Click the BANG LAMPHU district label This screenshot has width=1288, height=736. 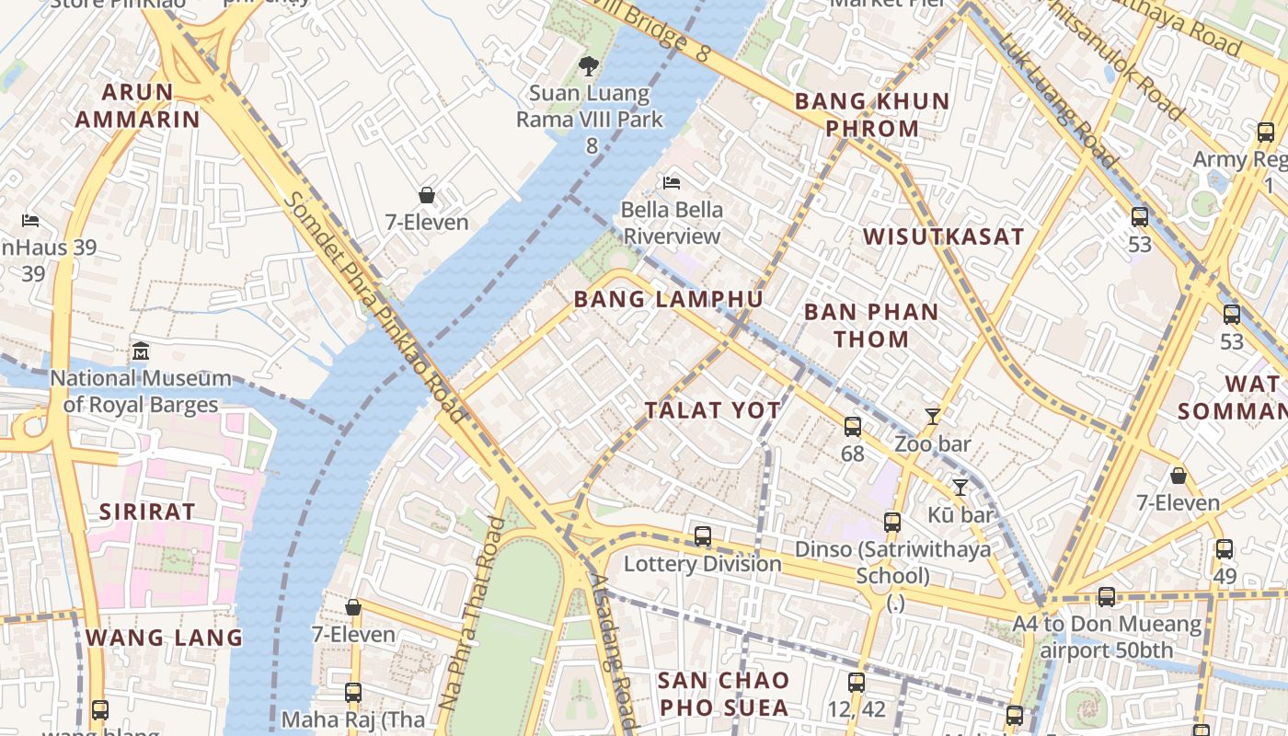(668, 299)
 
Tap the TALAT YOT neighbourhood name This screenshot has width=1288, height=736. (712, 410)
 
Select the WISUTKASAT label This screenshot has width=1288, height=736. (943, 236)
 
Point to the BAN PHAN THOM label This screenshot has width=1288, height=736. (871, 325)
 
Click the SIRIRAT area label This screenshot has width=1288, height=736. (147, 512)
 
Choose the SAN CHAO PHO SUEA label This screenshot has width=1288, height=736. (723, 694)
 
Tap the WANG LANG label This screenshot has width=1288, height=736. (164, 638)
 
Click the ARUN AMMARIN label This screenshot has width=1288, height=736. (137, 106)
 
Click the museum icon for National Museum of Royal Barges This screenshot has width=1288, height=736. (141, 351)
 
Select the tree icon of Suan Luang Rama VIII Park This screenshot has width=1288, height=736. (589, 66)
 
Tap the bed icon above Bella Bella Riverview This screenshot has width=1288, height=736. (672, 182)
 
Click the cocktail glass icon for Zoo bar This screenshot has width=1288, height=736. (932, 417)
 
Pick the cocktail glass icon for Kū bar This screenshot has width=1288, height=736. (960, 488)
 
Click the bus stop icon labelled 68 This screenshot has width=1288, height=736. (853, 426)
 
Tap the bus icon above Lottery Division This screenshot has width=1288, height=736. (703, 536)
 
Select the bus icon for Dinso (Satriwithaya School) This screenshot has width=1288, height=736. (891, 523)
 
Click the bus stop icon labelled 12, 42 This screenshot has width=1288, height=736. (857, 683)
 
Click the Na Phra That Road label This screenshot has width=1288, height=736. (472, 615)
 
